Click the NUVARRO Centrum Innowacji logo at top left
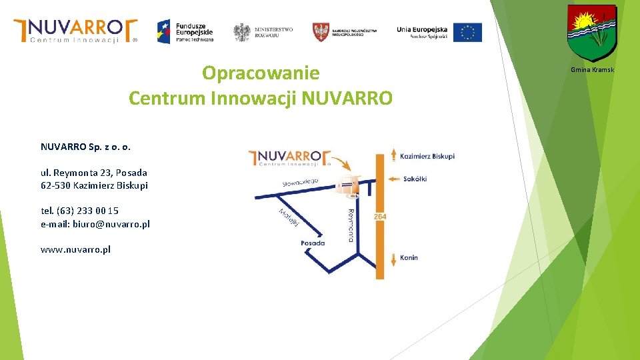[x=75, y=30]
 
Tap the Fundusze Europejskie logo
[x=185, y=31]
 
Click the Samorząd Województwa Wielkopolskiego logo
[x=345, y=31]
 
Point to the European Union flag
[x=467, y=32]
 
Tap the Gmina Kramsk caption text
[x=592, y=70]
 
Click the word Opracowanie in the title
[x=261, y=73]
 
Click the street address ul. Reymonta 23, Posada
[x=94, y=173]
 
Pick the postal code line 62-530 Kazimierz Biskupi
[x=94, y=185]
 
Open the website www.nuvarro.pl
[x=75, y=249]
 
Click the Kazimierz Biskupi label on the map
[x=427, y=156]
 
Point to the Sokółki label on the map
[x=415, y=179]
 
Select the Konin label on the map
[x=409, y=257]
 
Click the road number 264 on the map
[x=380, y=217]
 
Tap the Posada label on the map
[x=313, y=243]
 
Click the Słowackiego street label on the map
[x=300, y=182]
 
